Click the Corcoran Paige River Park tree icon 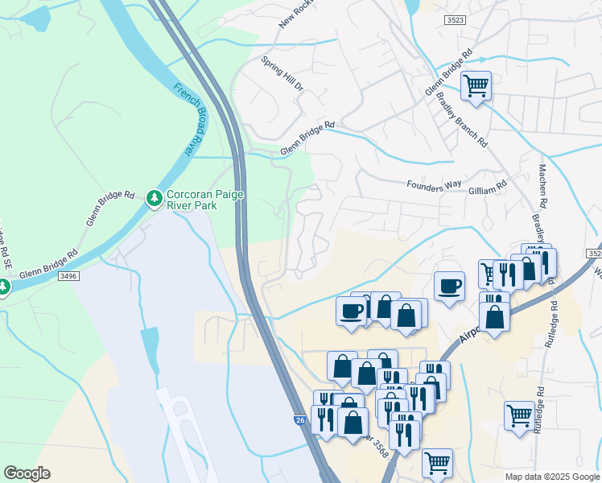[x=154, y=197]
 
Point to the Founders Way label [x=435, y=186]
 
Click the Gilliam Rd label [x=489, y=185]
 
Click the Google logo [x=27, y=473]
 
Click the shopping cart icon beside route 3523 [x=476, y=85]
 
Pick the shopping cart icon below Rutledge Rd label [x=519, y=415]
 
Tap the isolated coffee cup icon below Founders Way [x=449, y=285]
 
